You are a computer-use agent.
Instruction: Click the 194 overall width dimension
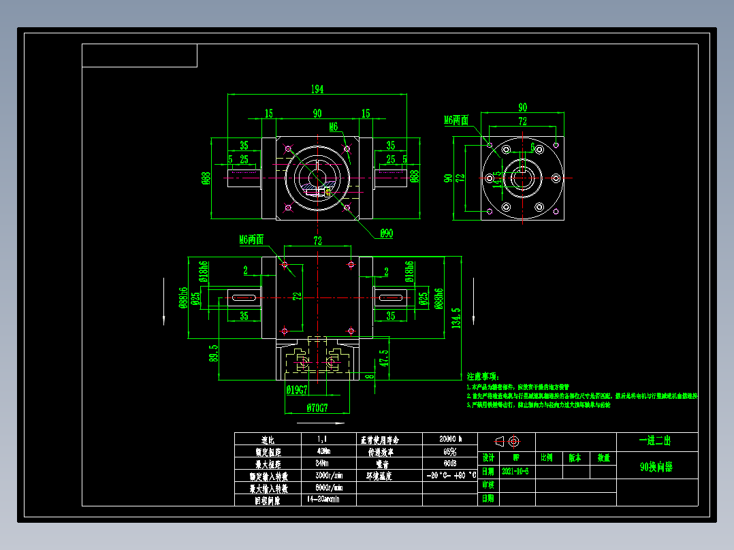pyautogui.click(x=317, y=89)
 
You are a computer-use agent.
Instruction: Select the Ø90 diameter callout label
pyautogui.click(x=386, y=234)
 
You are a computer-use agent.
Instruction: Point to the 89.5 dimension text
pyautogui.click(x=214, y=354)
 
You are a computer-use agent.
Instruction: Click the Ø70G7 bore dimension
pyautogui.click(x=317, y=408)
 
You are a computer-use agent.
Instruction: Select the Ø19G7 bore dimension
pyautogui.click(x=297, y=390)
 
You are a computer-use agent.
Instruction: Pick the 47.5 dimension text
pyautogui.click(x=383, y=358)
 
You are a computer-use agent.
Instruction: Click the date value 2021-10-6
pyautogui.click(x=515, y=471)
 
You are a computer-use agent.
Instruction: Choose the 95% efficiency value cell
pyautogui.click(x=449, y=451)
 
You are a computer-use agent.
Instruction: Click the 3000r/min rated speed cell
pyautogui.click(x=328, y=476)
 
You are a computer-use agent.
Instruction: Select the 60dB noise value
pyautogui.click(x=449, y=464)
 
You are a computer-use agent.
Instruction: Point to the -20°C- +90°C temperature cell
pyautogui.click(x=449, y=476)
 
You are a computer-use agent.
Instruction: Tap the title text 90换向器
pyautogui.click(x=656, y=468)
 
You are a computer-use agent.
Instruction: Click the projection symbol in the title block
pyautogui.click(x=507, y=441)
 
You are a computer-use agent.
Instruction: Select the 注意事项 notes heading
pyautogui.click(x=483, y=376)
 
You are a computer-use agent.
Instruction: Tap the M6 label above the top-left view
pyautogui.click(x=334, y=127)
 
